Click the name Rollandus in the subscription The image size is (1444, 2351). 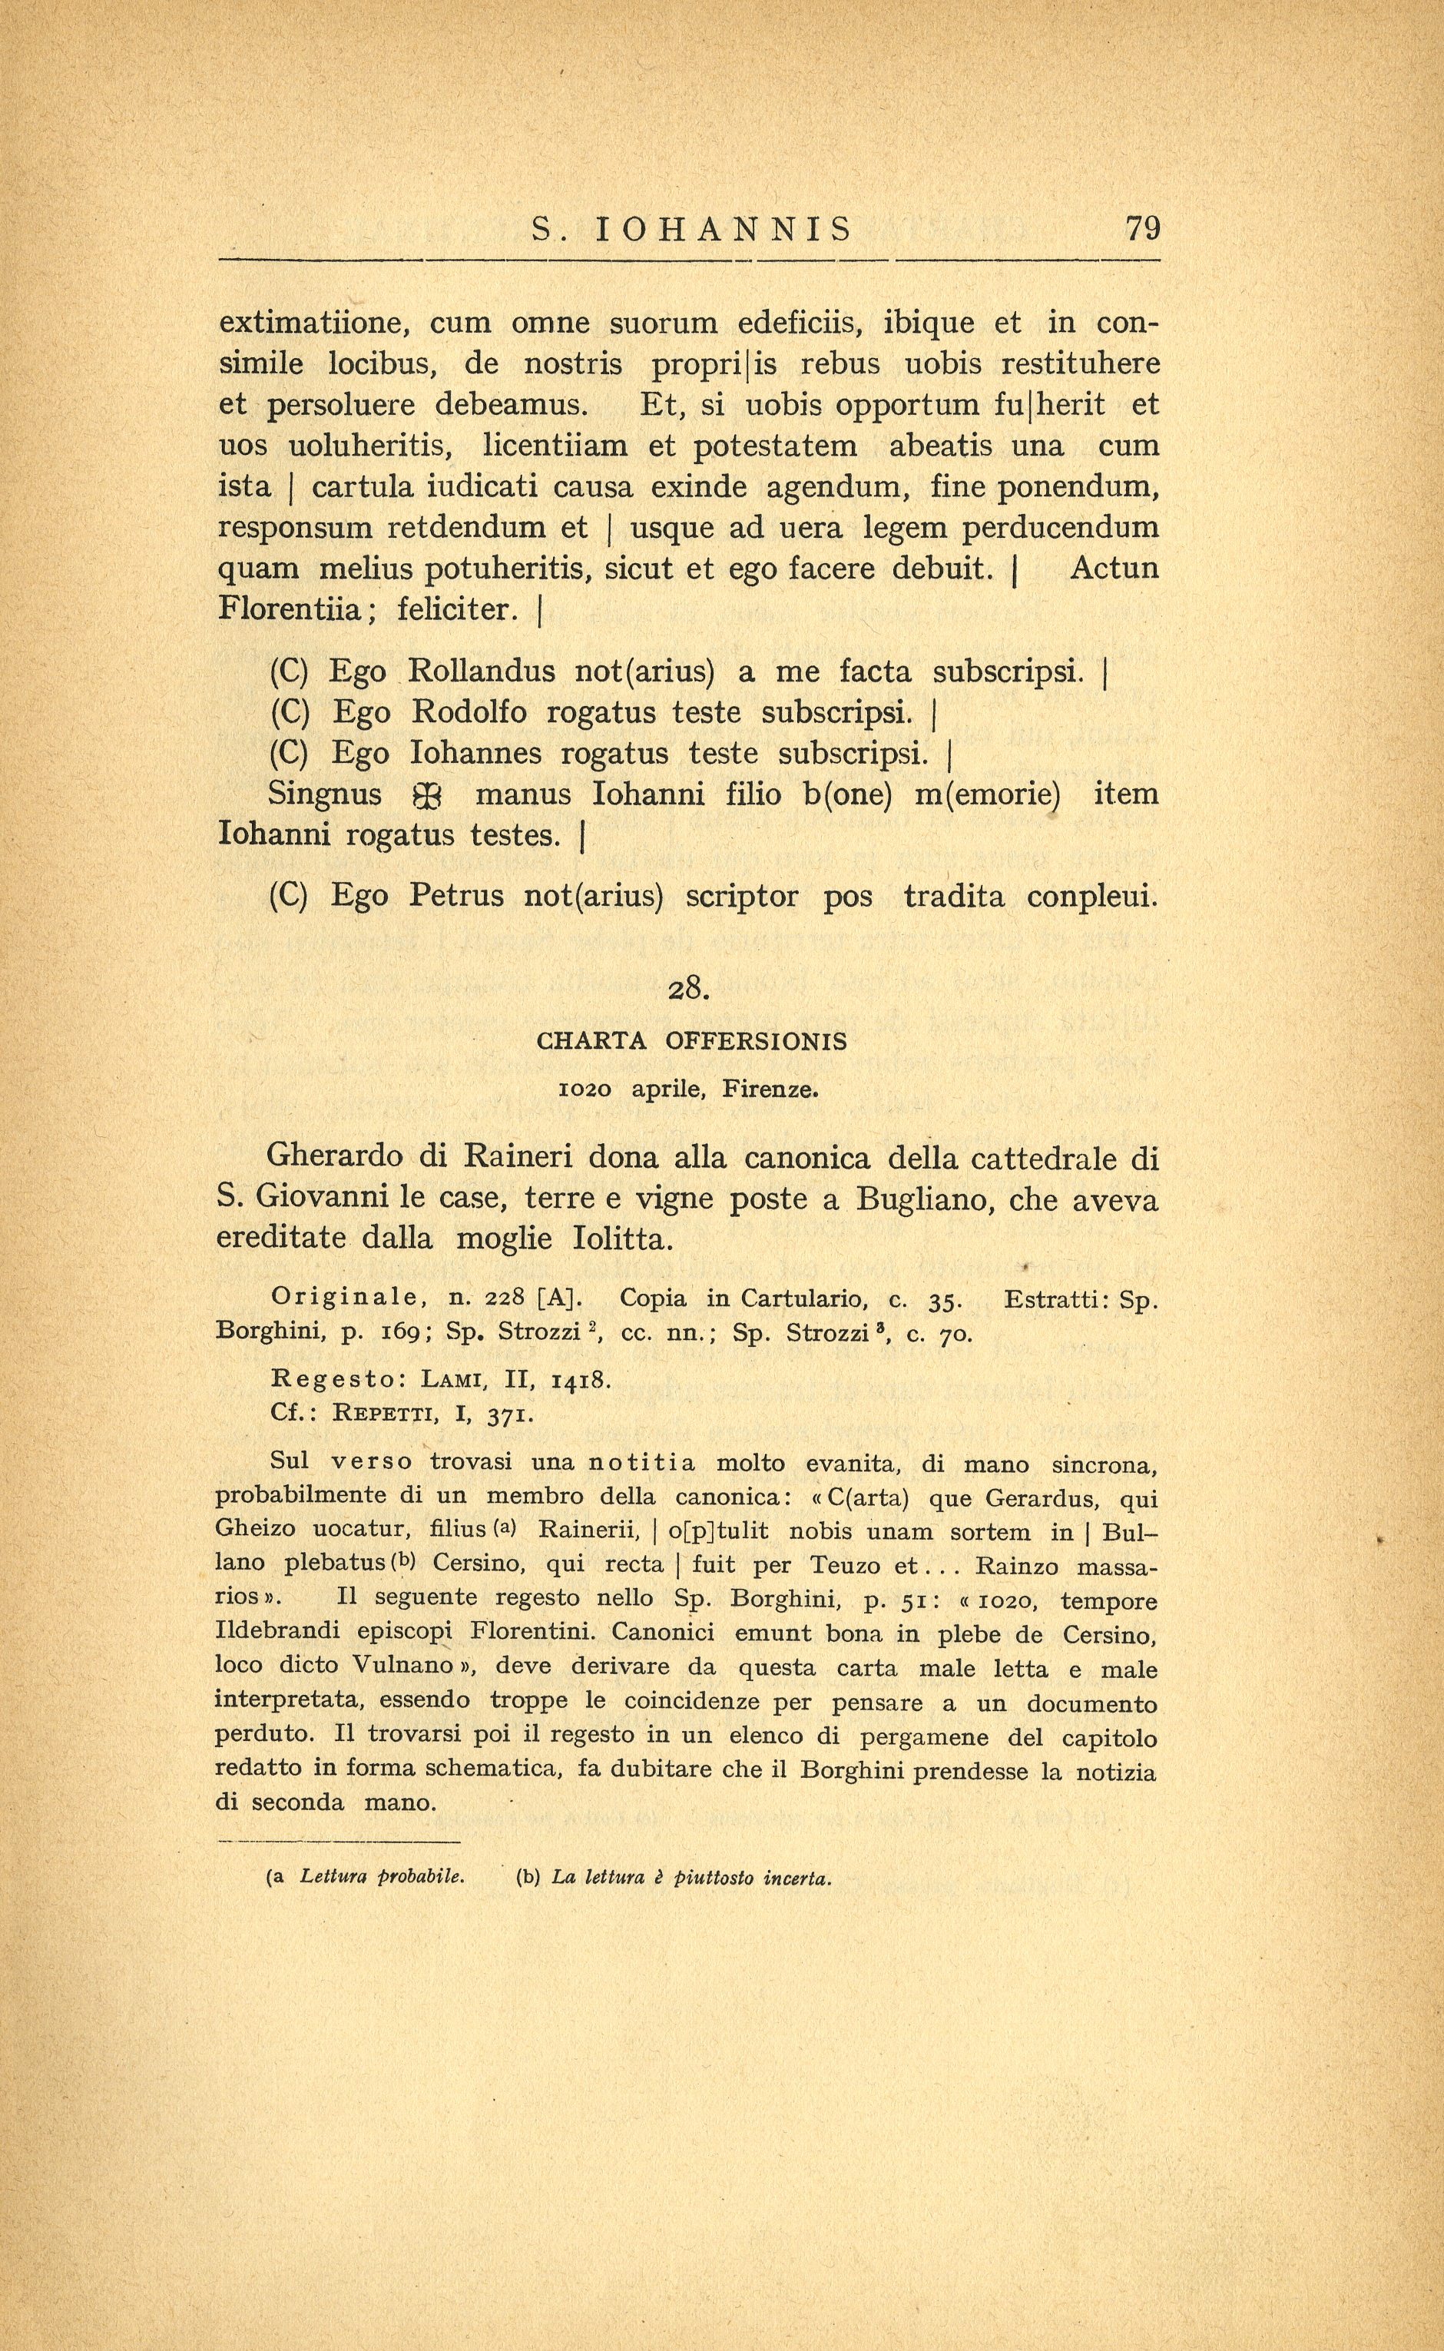[482, 671]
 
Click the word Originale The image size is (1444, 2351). [349, 1298]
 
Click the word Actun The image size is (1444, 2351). [1114, 569]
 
